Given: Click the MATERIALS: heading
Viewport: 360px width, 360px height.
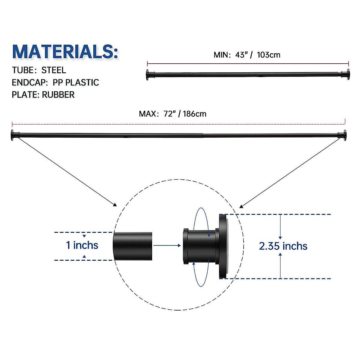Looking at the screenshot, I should click(65, 52).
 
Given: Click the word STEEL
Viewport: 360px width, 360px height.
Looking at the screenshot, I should click(54, 70).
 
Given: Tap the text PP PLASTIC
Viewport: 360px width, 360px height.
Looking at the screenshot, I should click(76, 82).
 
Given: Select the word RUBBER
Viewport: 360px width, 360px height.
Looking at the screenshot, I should click(58, 95).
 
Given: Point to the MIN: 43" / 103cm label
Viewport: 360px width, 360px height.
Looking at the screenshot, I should click(247, 55).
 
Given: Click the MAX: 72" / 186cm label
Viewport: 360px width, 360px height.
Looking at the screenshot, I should click(172, 114).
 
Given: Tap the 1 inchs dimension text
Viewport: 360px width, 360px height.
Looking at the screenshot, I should click(82, 245).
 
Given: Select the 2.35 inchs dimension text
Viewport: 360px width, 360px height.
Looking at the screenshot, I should click(283, 246).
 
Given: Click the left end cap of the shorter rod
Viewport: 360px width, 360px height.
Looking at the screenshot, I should click(148, 75).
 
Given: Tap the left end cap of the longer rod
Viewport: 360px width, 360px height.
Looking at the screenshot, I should click(13, 135).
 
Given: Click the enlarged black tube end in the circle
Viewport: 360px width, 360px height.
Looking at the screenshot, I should click(133, 246).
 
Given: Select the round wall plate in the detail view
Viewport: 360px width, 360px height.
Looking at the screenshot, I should click(223, 246).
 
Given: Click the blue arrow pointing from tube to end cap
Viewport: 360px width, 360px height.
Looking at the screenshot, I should click(167, 245).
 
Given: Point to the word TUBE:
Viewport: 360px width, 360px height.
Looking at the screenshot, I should click(24, 70).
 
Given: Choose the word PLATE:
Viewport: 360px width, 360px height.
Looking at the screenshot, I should click(25, 95).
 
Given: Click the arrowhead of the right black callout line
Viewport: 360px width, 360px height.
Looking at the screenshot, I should click(241, 206).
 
